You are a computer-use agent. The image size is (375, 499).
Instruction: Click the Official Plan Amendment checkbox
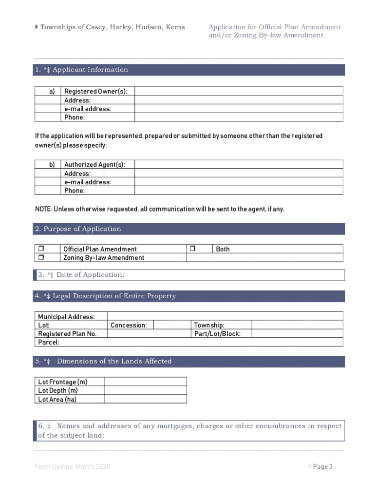coord(41,249)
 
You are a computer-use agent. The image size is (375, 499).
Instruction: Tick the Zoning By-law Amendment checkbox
coord(41,257)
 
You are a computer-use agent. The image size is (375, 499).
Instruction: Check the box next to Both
coord(192,249)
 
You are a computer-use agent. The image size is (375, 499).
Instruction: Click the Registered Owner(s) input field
coord(239,91)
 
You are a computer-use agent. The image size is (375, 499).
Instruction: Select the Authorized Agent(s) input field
coord(239,165)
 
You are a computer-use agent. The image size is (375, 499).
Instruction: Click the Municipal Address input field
coord(225,316)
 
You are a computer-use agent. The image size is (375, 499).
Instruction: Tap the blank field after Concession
coord(171,325)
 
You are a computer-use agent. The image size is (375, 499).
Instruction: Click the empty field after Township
coord(297,325)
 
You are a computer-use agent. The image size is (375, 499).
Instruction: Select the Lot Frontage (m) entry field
coord(145,382)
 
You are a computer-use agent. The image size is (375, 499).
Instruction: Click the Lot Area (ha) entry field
coord(145,399)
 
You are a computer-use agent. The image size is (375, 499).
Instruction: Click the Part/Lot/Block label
coord(217,334)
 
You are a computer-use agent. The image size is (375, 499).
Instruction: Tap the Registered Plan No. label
coord(67,334)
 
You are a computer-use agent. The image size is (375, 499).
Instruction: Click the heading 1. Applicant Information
coord(81,70)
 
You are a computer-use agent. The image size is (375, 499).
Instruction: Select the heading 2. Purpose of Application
coord(78,229)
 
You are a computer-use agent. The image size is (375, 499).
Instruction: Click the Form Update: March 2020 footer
coord(73,467)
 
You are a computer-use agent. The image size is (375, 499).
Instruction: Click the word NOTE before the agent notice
coord(43,209)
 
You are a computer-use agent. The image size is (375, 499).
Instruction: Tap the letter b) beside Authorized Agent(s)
coord(52,165)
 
